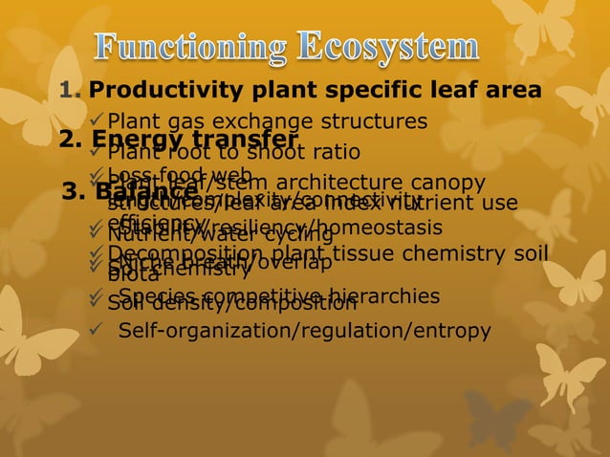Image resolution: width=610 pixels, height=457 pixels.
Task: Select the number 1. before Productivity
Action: point(71,91)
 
